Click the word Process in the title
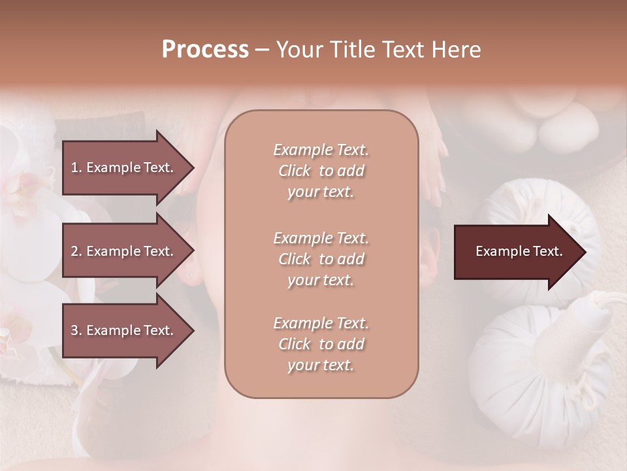point(205,50)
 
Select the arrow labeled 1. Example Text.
point(124,167)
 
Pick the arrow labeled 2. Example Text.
point(124,251)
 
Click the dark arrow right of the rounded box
point(516,251)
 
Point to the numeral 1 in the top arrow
point(74,167)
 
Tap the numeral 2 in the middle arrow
point(74,251)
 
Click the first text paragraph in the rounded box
point(321,171)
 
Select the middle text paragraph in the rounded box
point(321,259)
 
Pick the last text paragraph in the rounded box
point(321,344)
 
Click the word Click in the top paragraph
point(295,171)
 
